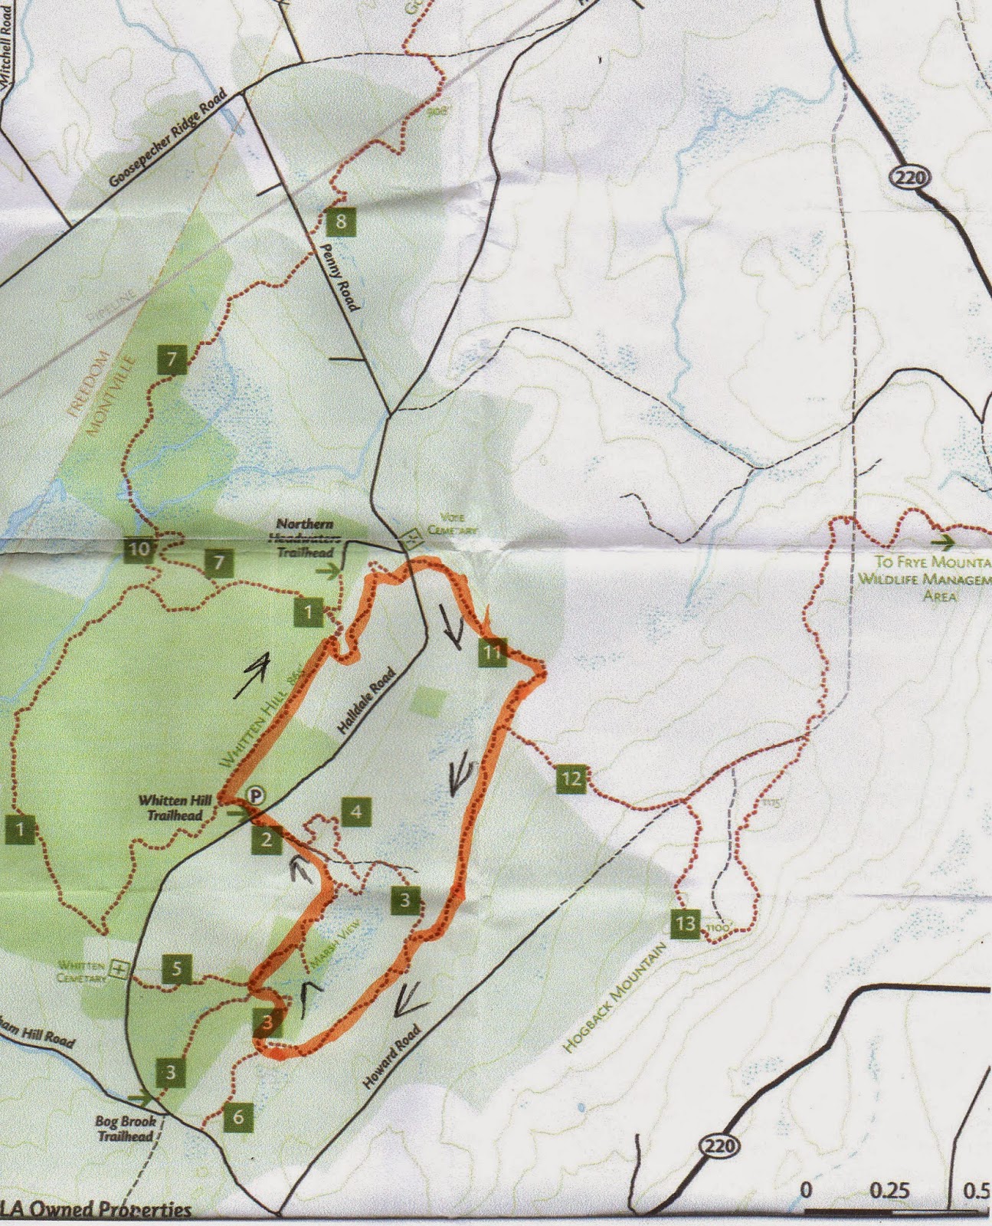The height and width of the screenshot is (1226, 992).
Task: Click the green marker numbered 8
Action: click(340, 222)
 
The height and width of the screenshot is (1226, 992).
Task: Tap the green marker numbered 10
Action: click(139, 549)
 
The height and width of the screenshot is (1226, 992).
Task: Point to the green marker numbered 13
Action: click(685, 923)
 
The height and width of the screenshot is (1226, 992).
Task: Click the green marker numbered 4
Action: click(355, 811)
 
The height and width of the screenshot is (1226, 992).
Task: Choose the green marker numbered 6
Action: click(238, 1117)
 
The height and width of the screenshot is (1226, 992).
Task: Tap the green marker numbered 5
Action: click(177, 969)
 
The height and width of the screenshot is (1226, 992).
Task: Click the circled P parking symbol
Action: click(255, 795)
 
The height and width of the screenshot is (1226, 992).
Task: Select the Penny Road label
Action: click(339, 277)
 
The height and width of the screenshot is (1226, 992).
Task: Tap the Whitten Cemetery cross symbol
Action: click(119, 969)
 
